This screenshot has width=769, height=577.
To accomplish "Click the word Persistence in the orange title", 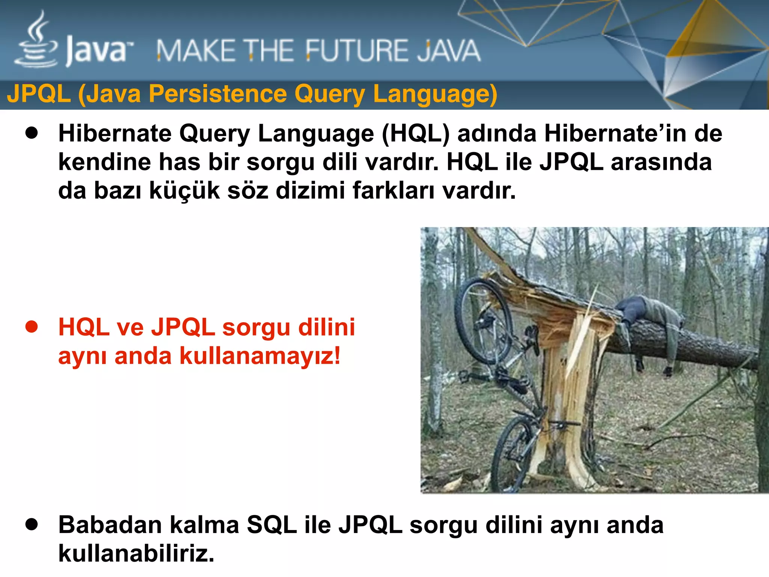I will [217, 94].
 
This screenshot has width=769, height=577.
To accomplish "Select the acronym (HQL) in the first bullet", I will [416, 133].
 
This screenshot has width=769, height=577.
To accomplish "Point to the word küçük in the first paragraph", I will [184, 190].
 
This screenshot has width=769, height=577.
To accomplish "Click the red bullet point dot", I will [32, 327].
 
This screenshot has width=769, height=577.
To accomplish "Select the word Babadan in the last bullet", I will [110, 525].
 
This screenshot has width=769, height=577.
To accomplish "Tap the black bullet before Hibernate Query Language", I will [32, 133].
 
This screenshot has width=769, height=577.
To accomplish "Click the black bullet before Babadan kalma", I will [32, 524].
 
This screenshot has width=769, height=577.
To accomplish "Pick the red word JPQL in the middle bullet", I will [183, 327].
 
